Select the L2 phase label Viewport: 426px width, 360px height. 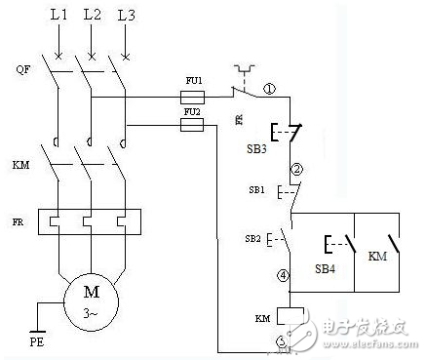point(93,17)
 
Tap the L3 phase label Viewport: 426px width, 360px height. point(124,17)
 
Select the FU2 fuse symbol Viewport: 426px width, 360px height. point(193,125)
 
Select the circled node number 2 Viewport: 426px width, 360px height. point(284,168)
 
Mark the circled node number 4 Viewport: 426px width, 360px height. point(284,276)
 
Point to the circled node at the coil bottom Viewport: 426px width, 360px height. point(283,341)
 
